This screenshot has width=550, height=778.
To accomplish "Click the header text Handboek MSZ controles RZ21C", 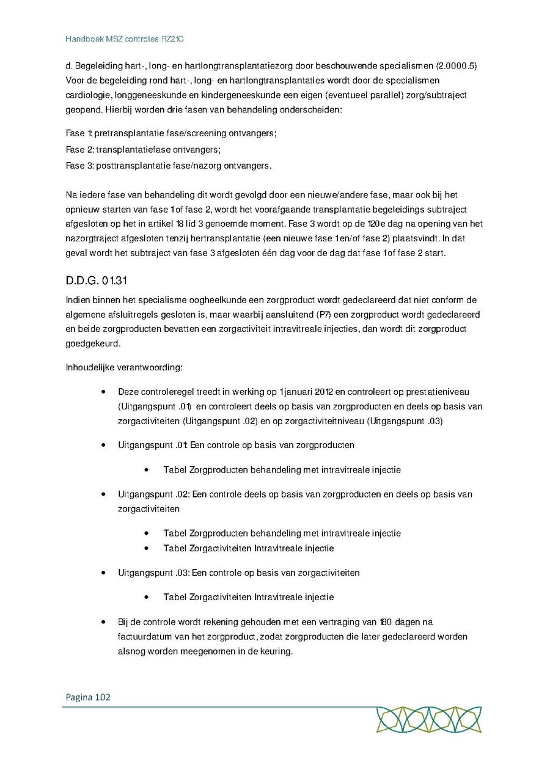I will pos(125,39).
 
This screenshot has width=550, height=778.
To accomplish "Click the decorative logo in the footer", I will pos(429,719).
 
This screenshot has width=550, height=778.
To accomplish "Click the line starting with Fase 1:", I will pos(167,133).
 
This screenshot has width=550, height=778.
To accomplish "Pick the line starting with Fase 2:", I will pos(143,149).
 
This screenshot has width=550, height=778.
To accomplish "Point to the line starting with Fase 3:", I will pos(168,166).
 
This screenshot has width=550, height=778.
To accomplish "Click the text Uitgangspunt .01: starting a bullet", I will pos(153,445).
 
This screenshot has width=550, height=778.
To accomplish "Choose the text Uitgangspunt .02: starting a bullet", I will pos(154,494).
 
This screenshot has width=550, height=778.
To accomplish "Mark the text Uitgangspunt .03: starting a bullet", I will pos(154,573).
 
